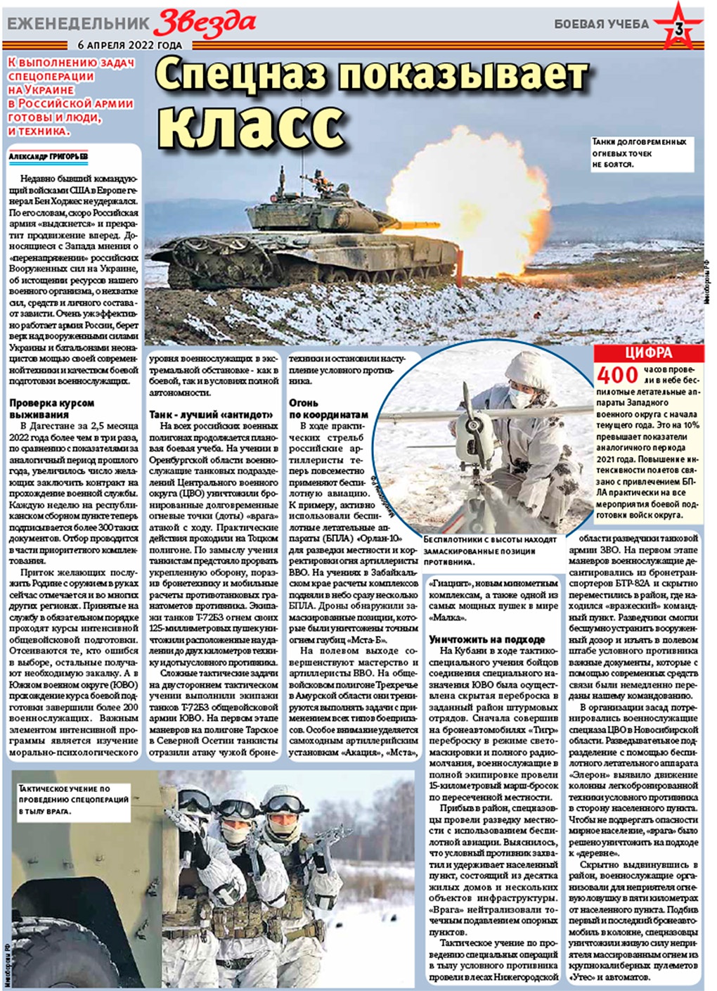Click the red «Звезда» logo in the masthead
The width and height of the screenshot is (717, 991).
point(205,23)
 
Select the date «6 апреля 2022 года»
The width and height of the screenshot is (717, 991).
point(130,45)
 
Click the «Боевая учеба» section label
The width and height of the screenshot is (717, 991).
point(601,24)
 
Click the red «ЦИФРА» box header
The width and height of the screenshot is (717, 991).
point(647,353)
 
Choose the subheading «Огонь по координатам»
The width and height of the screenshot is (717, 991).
point(328,409)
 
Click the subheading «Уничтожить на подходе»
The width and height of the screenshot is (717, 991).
point(486,639)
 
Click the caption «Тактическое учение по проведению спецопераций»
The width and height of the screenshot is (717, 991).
point(73,800)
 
